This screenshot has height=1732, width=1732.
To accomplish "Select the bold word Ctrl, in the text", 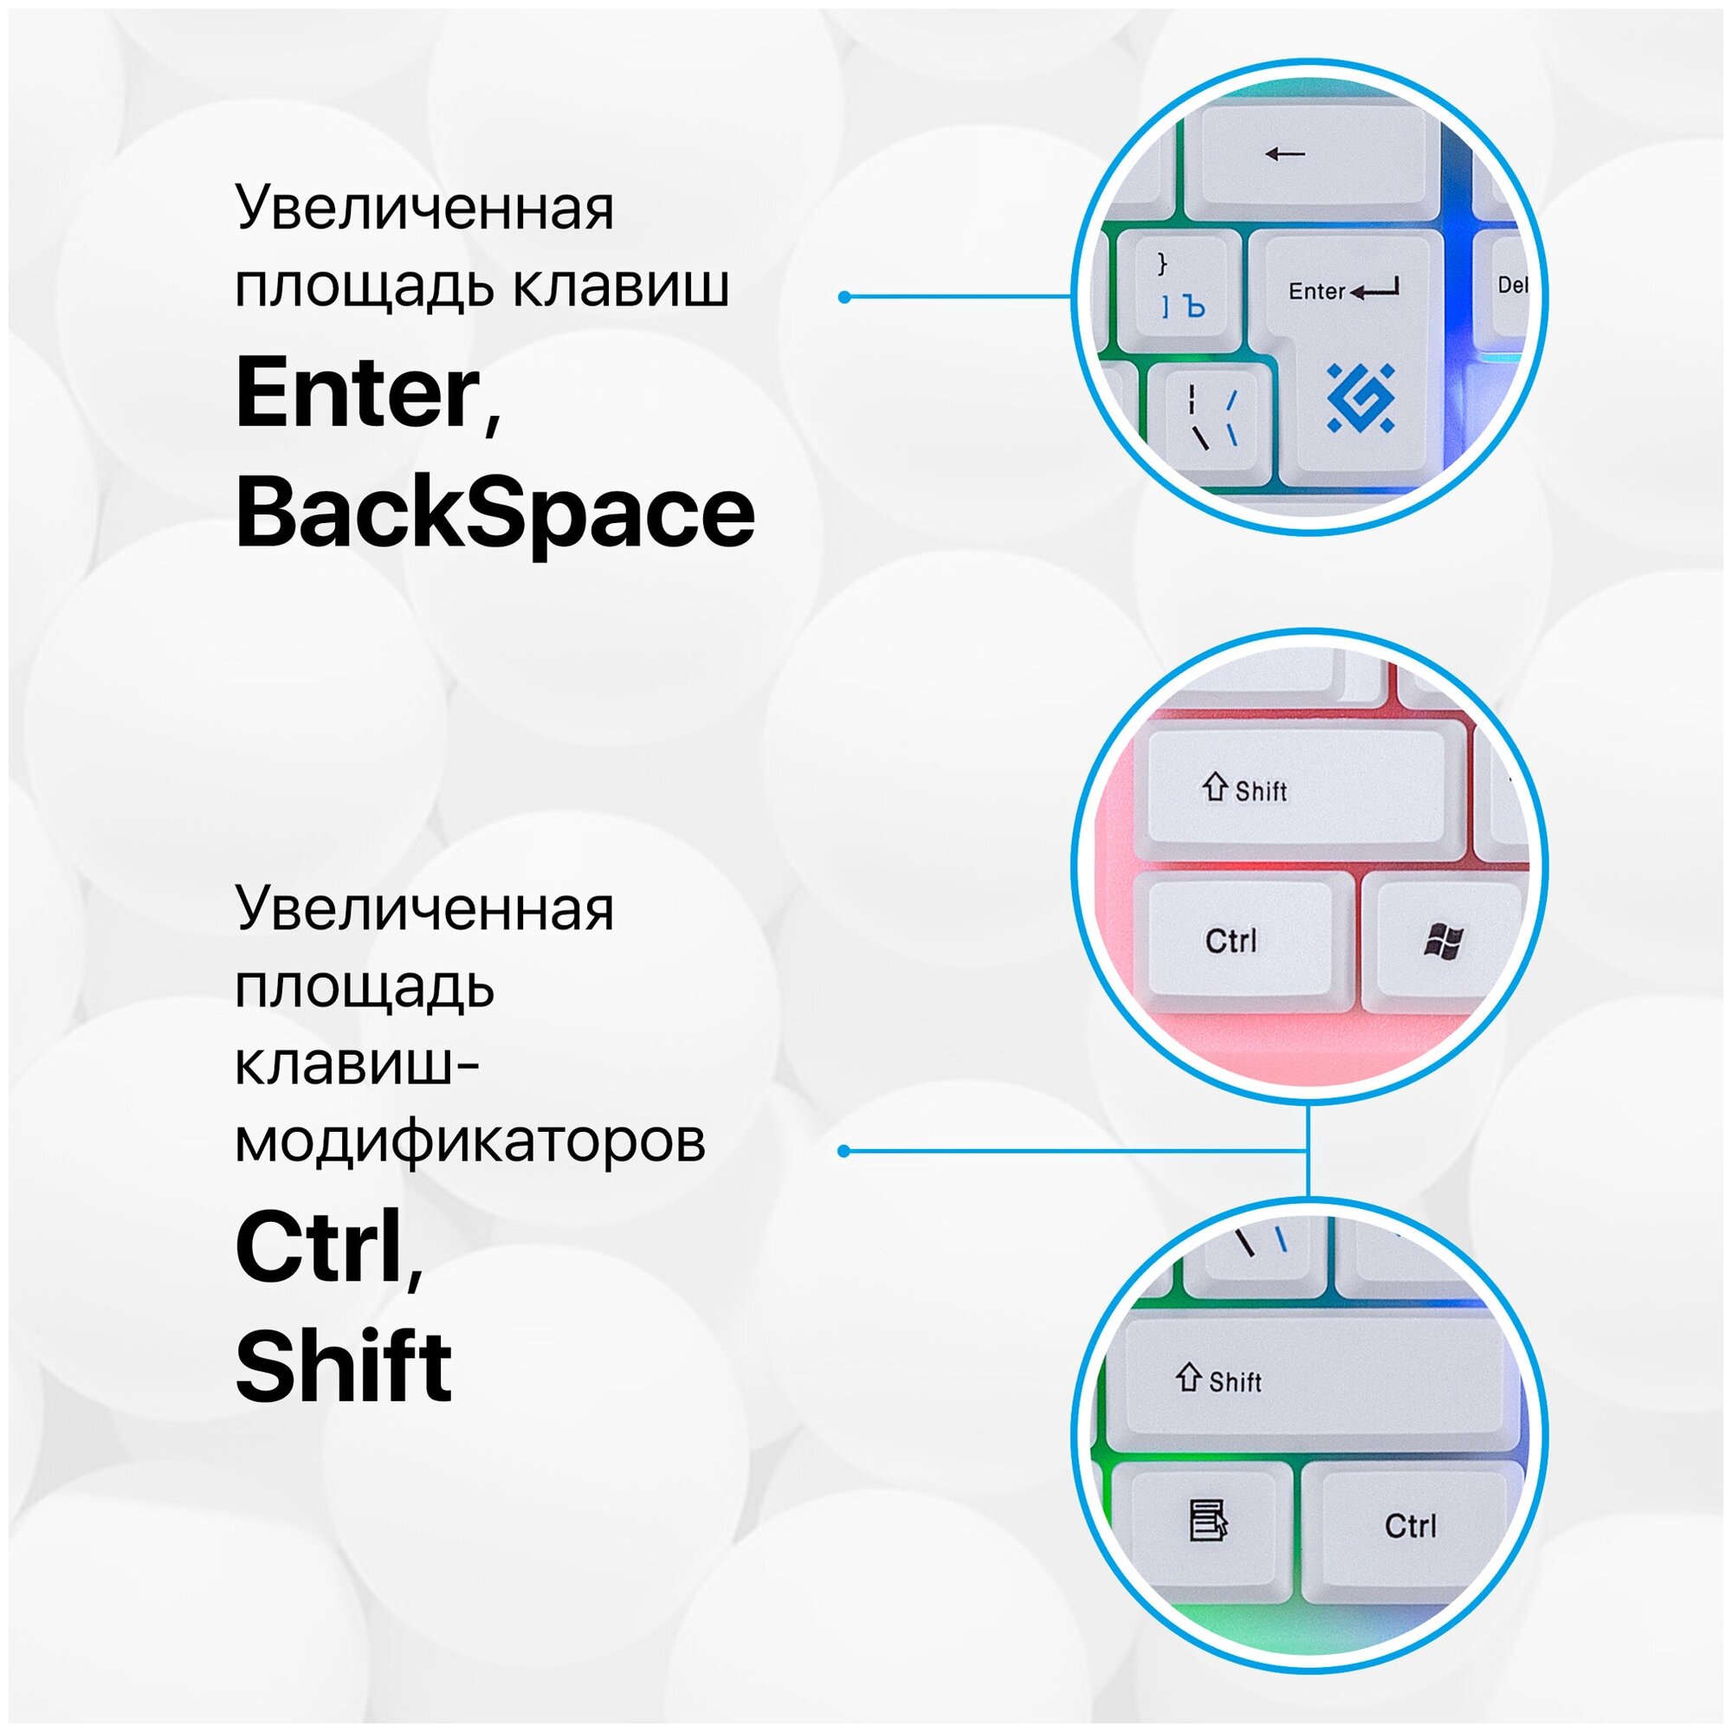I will tap(328, 1249).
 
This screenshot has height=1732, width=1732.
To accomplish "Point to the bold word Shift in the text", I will tap(343, 1367).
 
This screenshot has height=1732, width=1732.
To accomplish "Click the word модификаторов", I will tap(469, 1141).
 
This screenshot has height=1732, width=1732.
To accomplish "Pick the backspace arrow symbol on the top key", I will tap(1284, 154).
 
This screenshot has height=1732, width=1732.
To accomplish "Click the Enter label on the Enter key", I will tap(1316, 291).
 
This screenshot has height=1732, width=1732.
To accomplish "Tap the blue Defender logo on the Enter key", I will tap(1360, 397).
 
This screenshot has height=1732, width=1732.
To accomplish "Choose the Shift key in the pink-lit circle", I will tap(1296, 790).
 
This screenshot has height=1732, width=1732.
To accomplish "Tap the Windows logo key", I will tap(1444, 942).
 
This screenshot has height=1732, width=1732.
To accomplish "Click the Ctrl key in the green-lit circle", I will tap(1409, 1527).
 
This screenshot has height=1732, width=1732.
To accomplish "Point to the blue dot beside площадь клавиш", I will tap(843, 297).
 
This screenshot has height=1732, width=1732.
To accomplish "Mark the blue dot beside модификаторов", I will tap(843, 1151).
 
